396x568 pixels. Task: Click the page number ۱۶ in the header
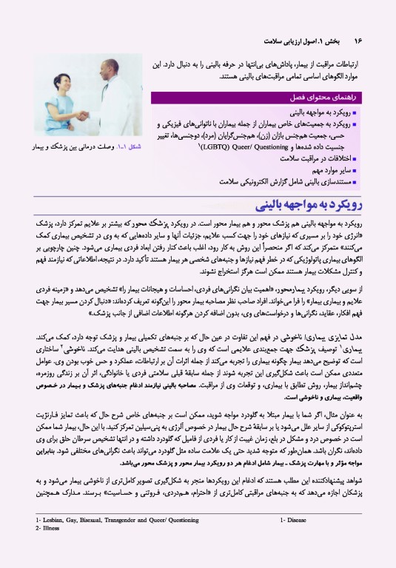(358, 41)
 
